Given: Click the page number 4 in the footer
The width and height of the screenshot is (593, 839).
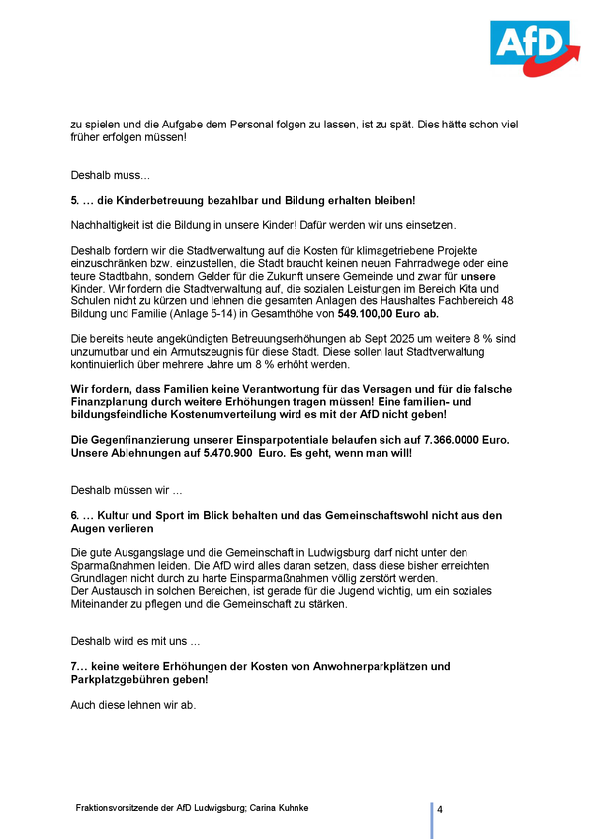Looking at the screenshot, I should coord(440,809).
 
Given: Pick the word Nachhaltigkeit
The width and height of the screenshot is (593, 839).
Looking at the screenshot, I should coord(105,225).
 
